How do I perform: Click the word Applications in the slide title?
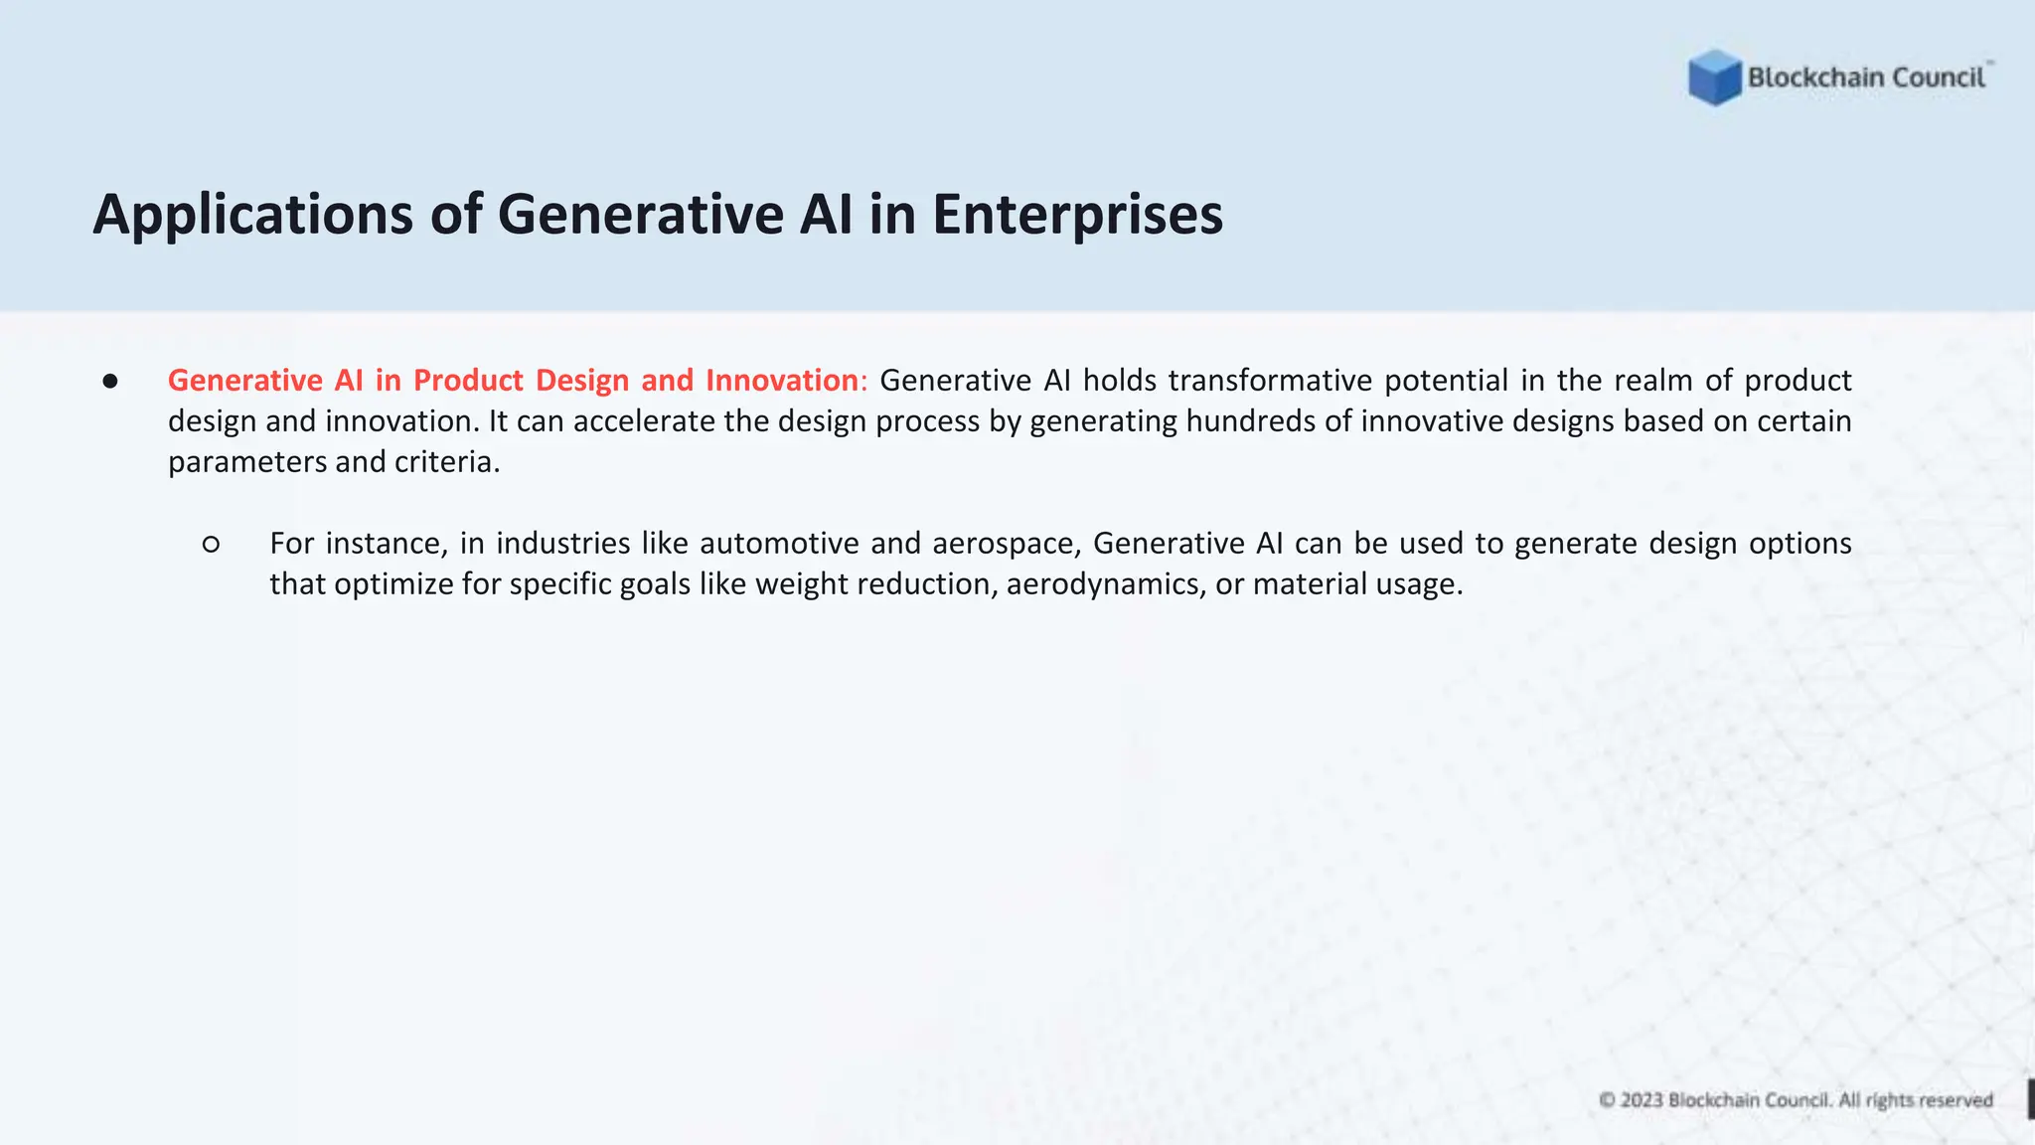[252, 215]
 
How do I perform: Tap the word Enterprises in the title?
[1077, 215]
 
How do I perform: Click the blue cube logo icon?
[1714, 78]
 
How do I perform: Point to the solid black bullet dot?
[110, 381]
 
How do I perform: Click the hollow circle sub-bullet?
[211, 544]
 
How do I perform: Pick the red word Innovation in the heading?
[782, 381]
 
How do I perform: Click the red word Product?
[468, 381]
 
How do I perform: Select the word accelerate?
[644, 421]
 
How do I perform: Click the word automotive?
[779, 544]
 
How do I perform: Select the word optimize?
[392, 584]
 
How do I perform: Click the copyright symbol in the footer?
[1607, 1100]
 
